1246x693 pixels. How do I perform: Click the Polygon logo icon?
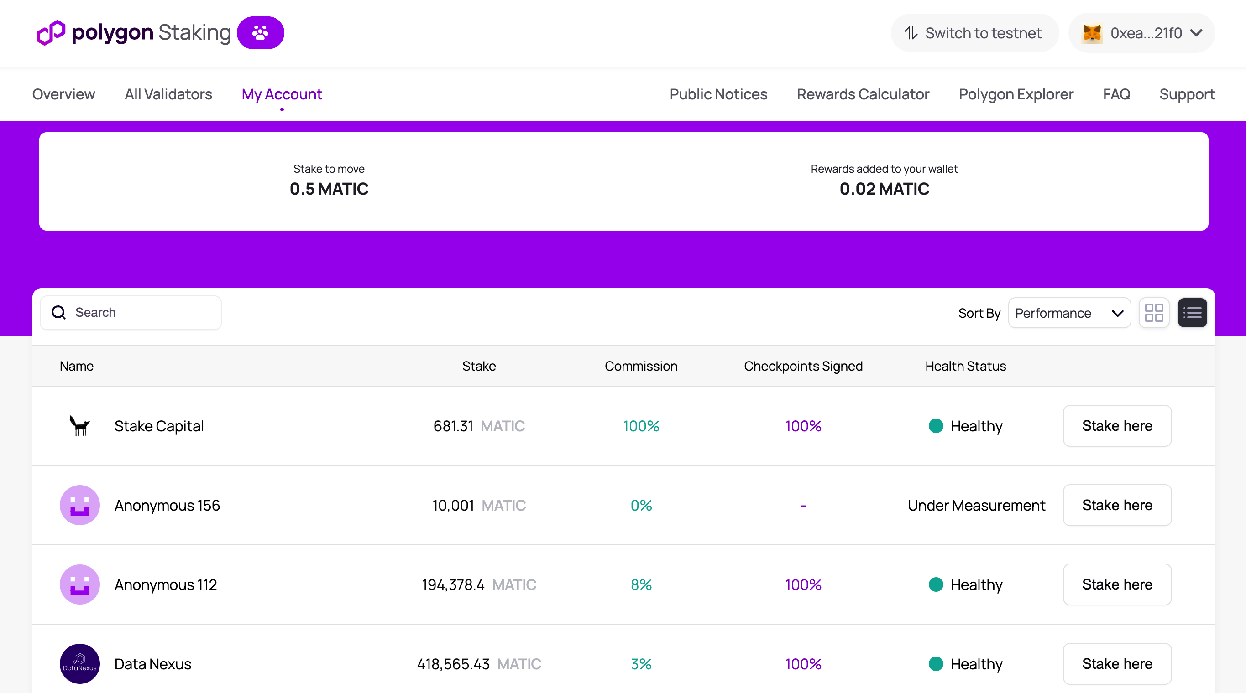(x=51, y=33)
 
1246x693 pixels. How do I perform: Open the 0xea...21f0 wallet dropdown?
(x=1141, y=33)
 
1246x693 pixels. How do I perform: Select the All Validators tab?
(x=168, y=94)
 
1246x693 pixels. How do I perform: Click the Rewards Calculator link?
(x=863, y=94)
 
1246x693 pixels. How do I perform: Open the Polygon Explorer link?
(x=1016, y=94)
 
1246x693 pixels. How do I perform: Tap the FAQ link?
(x=1116, y=94)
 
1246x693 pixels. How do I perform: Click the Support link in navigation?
(x=1187, y=94)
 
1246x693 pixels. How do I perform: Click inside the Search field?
(x=140, y=313)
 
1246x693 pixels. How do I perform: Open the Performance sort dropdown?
(x=1069, y=313)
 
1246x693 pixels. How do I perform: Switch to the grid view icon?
(x=1154, y=313)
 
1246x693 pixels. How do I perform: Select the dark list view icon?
(x=1192, y=313)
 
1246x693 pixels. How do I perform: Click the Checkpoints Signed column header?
(x=803, y=366)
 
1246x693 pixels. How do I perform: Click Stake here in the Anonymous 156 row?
(x=1117, y=505)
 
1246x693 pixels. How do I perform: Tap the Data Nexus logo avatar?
(x=80, y=663)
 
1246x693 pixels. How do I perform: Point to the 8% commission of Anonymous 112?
(x=641, y=585)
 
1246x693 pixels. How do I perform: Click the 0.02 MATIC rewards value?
(x=884, y=189)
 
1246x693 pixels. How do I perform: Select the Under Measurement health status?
(x=976, y=506)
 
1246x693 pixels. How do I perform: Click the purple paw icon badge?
(x=260, y=33)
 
